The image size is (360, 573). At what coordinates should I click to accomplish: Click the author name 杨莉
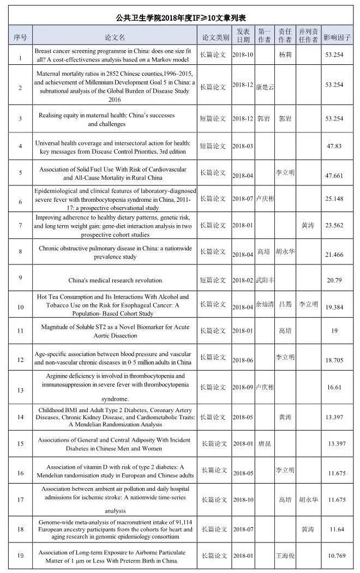pyautogui.click(x=285, y=55)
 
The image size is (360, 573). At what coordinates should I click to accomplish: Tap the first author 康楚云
pyautogui.click(x=264, y=87)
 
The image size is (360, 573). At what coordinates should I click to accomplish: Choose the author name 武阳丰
pyautogui.click(x=265, y=280)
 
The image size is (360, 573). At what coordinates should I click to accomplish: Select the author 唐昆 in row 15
pyautogui.click(x=264, y=444)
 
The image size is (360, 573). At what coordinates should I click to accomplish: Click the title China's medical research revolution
pyautogui.click(x=115, y=280)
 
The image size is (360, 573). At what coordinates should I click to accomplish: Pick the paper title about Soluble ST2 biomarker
pyautogui.click(x=115, y=331)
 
